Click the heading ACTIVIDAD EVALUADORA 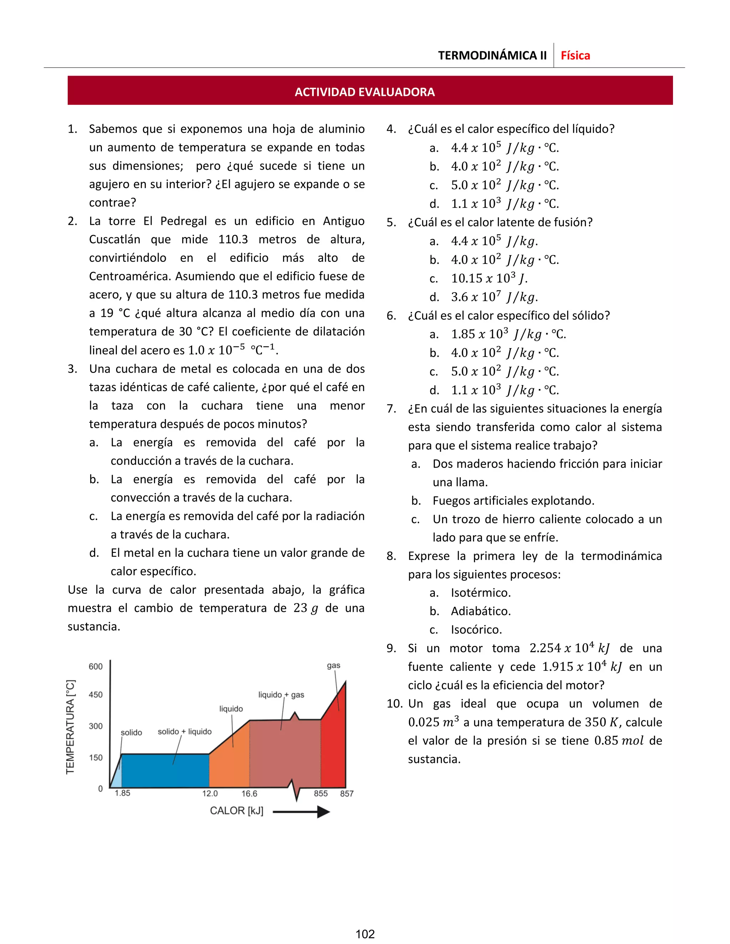365,92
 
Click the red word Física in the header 575,55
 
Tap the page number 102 365,934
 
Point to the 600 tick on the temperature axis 96,666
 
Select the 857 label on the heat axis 346,794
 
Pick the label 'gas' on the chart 333,665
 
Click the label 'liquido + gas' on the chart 281,695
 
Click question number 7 391,409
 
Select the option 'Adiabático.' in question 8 480,611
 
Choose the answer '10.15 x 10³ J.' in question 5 489,278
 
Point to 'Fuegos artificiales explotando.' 513,500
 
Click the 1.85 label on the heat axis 122,793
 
